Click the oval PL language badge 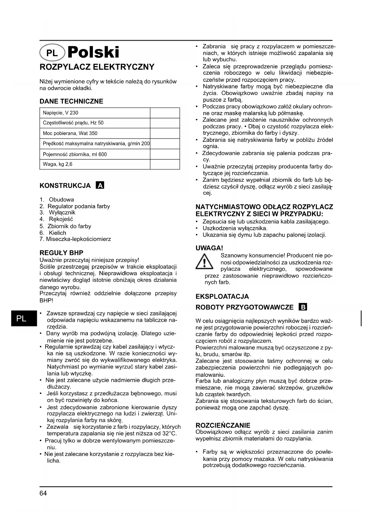coord(52,53)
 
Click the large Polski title coord(93,52)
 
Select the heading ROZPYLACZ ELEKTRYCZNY coord(97,67)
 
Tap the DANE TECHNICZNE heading coord(71,101)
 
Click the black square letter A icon coord(100,185)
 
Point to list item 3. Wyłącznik coord(57,213)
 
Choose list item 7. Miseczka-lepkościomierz coord(75,239)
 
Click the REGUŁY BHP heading coord(61,253)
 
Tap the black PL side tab coord(21,318)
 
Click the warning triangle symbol coord(204,261)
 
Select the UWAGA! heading coord(209,248)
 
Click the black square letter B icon coord(303,307)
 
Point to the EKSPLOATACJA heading coord(222,297)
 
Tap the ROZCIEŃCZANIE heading coord(223,425)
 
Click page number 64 coord(43,493)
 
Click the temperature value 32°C coord(169,434)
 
